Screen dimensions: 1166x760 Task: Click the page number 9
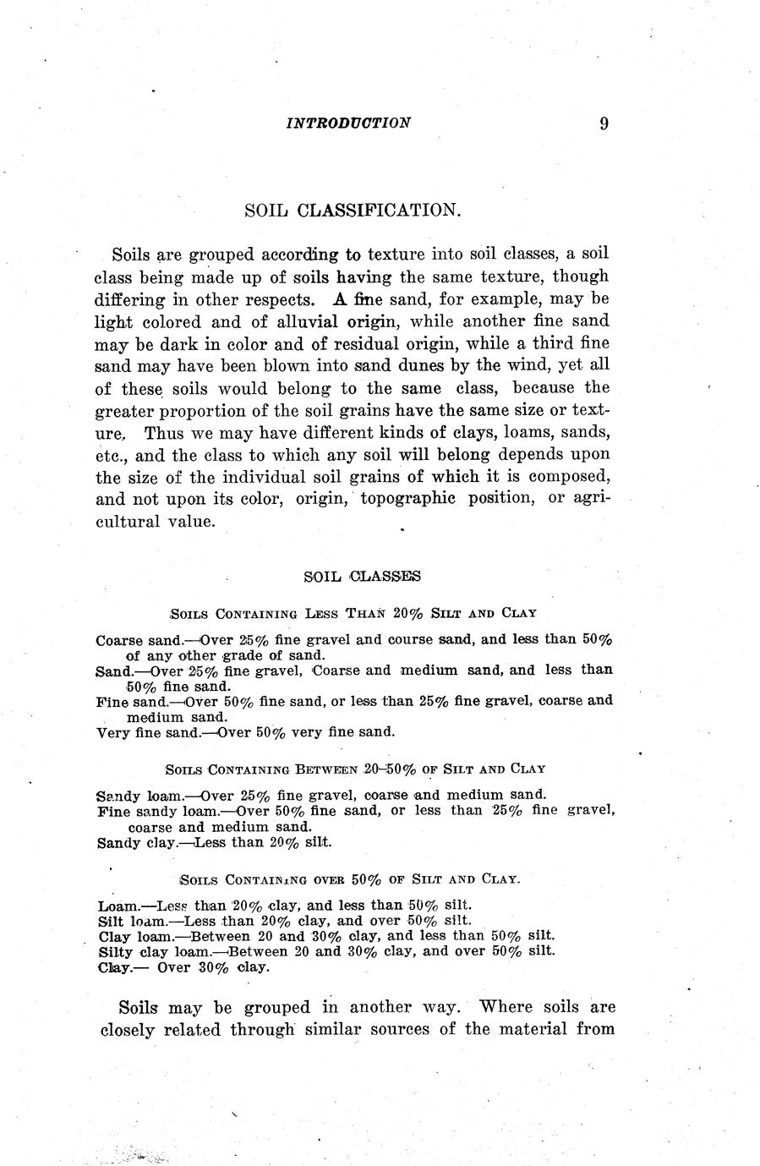[x=604, y=123]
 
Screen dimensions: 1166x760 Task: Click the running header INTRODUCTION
[x=348, y=123]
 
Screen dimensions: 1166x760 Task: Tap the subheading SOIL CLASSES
[x=362, y=577]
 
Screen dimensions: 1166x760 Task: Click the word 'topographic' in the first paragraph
[x=407, y=499]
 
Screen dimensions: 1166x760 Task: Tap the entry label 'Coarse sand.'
[x=133, y=640]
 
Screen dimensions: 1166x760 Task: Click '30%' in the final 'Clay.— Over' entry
[x=214, y=967]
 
